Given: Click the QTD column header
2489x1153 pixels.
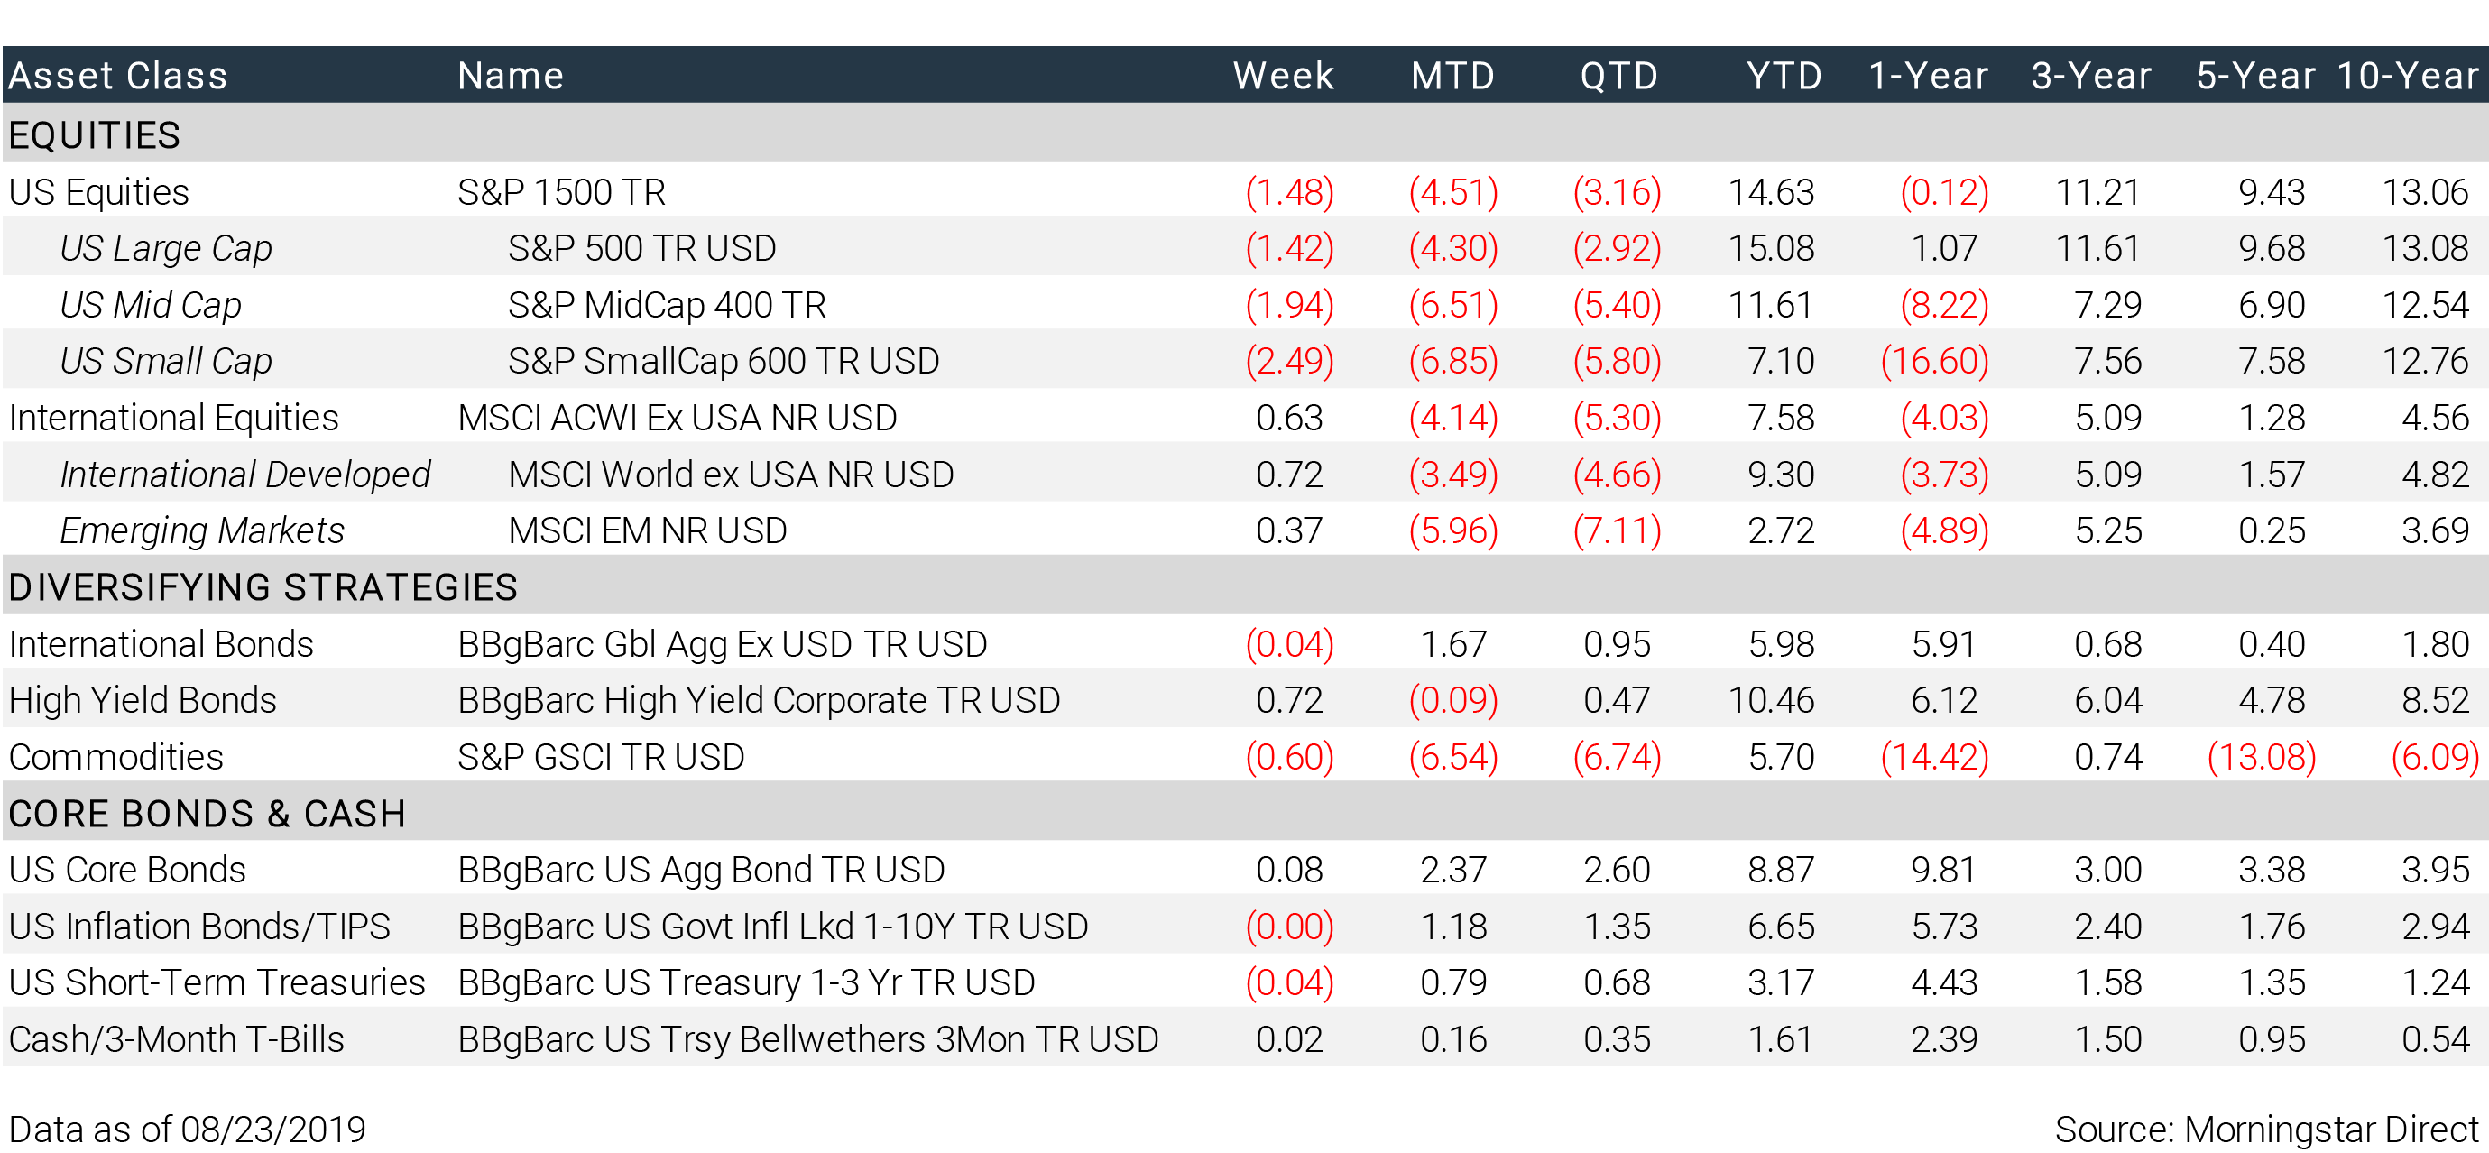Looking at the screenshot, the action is tap(1618, 76).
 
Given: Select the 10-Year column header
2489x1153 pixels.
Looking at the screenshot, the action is tap(2408, 76).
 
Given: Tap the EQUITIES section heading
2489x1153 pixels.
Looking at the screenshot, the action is tap(95, 134).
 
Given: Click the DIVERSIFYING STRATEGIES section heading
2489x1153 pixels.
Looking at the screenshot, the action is tap(263, 586).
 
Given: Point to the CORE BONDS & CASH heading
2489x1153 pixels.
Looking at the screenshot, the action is tap(207, 813).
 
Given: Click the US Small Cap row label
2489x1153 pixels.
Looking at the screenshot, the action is tap(166, 361).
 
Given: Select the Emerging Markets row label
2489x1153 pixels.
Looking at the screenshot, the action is tap(202, 530).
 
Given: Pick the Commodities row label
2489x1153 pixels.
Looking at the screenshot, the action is tap(116, 757).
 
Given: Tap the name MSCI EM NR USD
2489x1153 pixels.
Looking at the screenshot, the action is tap(648, 530).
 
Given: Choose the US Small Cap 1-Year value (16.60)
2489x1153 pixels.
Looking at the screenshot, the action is tap(1934, 361).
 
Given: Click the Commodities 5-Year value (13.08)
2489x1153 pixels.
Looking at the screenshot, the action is tap(2262, 757).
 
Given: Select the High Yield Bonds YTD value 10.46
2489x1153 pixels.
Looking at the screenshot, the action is tap(1771, 700).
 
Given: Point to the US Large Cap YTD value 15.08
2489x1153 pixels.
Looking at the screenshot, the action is tap(1771, 248).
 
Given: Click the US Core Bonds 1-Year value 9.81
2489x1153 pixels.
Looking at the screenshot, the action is tap(1944, 870).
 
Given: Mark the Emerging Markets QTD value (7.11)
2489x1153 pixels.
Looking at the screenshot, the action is tap(1618, 530).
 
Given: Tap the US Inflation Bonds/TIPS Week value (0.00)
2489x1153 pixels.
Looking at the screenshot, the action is tap(1290, 926).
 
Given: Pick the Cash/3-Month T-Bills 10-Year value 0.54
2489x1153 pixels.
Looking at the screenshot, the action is tap(2435, 1039).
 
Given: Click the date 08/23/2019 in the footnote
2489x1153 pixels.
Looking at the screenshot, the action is tap(273, 1129).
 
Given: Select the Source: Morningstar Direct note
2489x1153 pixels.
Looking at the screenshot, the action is tap(2267, 1129).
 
